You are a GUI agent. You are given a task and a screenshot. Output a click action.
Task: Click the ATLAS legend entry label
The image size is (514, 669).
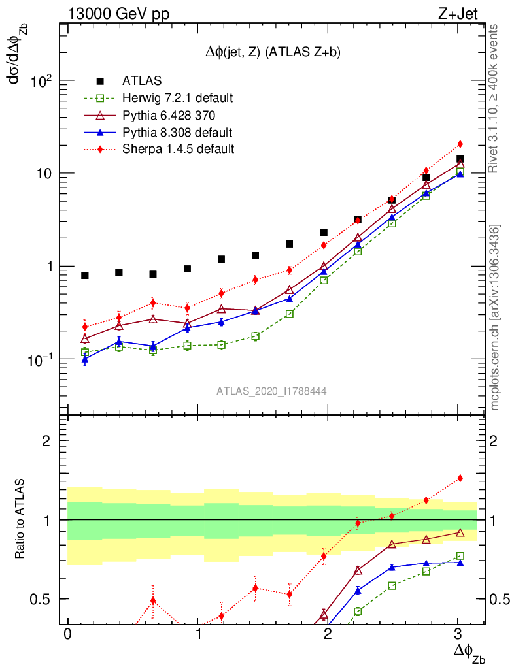142,81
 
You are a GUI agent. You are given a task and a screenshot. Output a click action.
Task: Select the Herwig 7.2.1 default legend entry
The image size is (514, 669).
177,98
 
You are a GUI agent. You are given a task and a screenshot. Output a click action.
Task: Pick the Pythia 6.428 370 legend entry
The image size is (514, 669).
169,115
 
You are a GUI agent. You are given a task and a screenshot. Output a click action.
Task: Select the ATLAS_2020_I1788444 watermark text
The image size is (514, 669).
271,391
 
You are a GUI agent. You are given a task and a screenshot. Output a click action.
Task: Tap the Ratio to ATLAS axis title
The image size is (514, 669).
20,520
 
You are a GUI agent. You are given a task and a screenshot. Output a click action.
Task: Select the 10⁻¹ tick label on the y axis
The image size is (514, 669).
43,360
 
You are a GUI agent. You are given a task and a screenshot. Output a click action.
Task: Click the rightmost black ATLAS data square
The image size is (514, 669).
460,159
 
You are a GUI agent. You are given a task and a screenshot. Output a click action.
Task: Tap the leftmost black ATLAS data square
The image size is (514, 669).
85,276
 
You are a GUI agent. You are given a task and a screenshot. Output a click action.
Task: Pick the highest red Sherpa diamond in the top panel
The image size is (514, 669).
460,144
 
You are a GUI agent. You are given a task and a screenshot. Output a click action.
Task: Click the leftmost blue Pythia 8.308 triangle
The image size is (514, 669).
85,359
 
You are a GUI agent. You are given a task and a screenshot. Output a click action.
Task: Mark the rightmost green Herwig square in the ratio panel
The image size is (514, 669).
460,556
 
